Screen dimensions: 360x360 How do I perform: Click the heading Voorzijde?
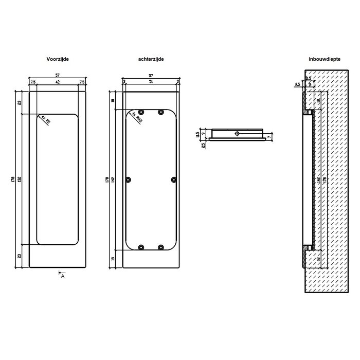(x=57, y=60)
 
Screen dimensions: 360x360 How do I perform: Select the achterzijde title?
(x=151, y=60)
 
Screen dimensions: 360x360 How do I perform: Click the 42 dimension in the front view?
(x=57, y=82)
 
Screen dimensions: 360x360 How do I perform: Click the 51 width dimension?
(x=150, y=82)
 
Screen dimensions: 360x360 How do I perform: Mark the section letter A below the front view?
(x=63, y=276)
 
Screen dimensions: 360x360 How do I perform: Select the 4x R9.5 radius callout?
(x=137, y=118)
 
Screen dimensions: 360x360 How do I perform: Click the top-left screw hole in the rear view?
(x=140, y=112)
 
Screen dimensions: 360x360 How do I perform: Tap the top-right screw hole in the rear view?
(x=161, y=112)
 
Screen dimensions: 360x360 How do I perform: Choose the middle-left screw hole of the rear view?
(x=129, y=179)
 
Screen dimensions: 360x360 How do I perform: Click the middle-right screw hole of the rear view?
(x=173, y=179)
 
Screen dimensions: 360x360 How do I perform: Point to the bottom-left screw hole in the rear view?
(x=140, y=247)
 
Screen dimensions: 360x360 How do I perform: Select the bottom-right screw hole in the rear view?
(x=161, y=247)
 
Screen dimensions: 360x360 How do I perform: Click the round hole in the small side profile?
(x=236, y=134)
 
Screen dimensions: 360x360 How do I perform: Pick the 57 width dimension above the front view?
(x=57, y=76)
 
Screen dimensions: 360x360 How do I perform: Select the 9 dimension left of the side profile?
(x=203, y=133)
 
